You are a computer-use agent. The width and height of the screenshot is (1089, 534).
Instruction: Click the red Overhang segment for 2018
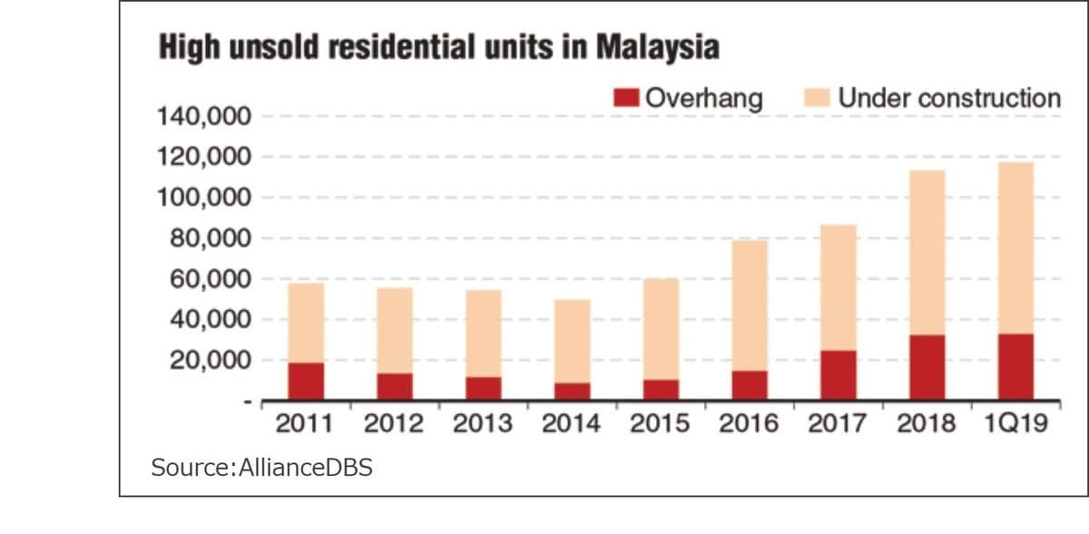927,368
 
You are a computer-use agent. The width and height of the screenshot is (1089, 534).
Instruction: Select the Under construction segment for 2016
750,305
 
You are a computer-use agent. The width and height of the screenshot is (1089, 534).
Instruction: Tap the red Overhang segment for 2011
306,381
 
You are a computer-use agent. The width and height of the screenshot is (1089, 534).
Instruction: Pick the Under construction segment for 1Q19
1015,248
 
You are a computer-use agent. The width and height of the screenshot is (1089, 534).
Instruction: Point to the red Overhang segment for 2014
572,391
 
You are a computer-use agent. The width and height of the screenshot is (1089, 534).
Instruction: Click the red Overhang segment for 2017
838,375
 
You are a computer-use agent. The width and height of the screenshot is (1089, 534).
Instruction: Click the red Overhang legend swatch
626,97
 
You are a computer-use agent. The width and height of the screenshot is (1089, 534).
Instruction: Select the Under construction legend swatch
818,97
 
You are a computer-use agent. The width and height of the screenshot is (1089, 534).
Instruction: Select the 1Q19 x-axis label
1015,424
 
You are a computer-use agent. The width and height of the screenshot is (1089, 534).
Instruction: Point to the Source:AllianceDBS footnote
261,468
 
